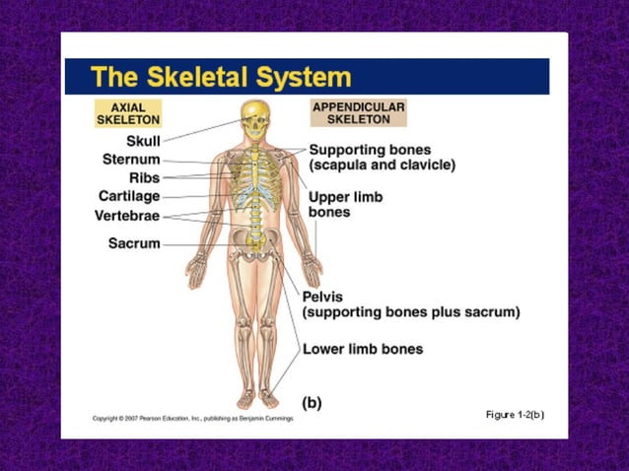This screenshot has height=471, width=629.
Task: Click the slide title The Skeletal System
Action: pos(220,77)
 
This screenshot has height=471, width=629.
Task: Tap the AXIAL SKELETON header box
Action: pos(127,112)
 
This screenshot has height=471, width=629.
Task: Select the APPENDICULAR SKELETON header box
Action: pos(358,112)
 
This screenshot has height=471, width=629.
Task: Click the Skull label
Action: pos(143,141)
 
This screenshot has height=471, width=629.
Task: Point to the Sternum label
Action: pos(131,159)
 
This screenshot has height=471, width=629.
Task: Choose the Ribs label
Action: pos(144,177)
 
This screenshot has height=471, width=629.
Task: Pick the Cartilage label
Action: pos(129,196)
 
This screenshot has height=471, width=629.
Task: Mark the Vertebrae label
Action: pos(127,215)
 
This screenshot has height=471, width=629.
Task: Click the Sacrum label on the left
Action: pos(134,243)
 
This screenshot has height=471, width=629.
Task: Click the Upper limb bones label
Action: pos(345,204)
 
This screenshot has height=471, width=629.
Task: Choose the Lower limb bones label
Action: pos(363,349)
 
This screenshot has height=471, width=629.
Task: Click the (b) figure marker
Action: pos(311,402)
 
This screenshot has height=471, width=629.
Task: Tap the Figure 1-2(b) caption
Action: pos(515,414)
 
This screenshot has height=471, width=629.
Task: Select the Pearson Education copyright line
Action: pos(192,419)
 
